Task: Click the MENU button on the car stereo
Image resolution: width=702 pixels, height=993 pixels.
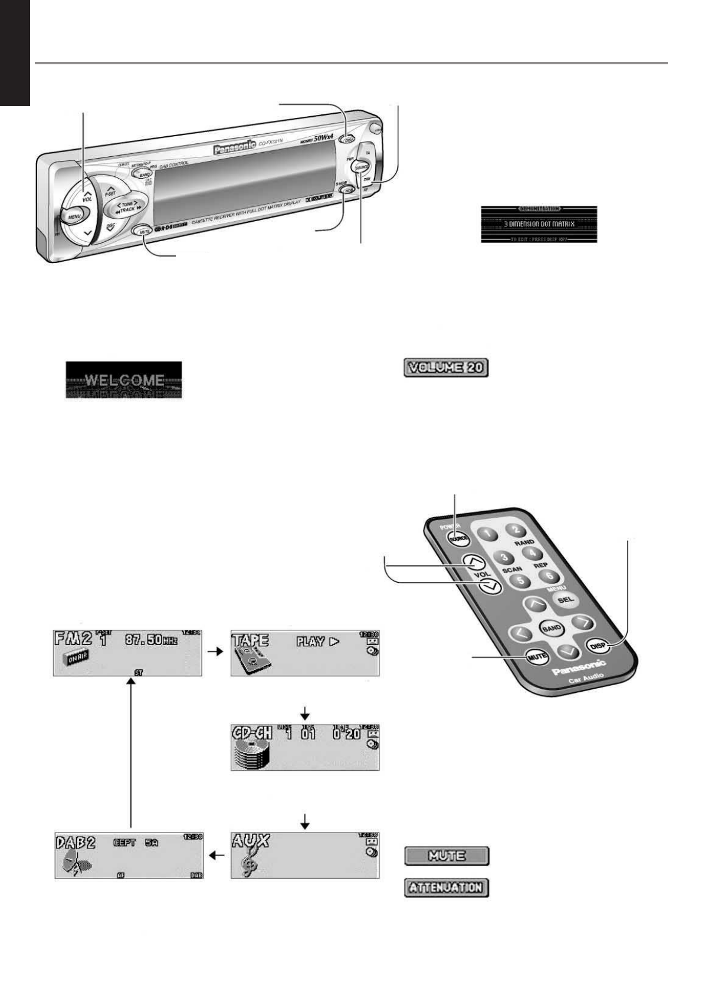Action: [x=74, y=216]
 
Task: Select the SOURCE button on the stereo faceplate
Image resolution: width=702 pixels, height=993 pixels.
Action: [x=362, y=167]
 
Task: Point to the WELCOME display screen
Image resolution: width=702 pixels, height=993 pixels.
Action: [x=123, y=380]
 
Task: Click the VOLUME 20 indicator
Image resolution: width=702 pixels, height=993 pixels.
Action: [x=446, y=369]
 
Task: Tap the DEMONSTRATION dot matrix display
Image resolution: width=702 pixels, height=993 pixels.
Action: [x=539, y=224]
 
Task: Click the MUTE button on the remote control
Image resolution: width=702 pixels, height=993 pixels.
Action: [x=537, y=656]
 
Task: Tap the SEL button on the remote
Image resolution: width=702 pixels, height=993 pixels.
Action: [x=565, y=599]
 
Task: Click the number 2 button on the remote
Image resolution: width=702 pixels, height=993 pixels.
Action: [x=516, y=530]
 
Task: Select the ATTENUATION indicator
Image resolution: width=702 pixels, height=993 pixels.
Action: [x=447, y=887]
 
